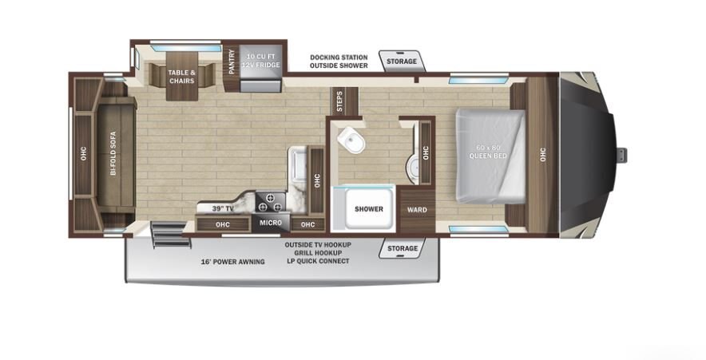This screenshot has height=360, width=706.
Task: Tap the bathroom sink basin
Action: click(411, 170)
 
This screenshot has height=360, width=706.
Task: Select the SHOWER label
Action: click(369, 209)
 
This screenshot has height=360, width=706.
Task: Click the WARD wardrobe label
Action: click(417, 210)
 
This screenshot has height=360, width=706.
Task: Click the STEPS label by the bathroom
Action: click(339, 101)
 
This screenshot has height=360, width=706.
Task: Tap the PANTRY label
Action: click(232, 61)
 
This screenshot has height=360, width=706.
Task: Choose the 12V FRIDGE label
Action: click(260, 65)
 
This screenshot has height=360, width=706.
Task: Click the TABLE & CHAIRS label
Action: click(182, 77)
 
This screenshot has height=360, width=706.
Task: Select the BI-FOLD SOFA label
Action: click(113, 153)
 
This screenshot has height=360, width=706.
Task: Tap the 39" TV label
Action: click(223, 209)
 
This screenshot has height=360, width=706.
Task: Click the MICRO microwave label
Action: click(271, 223)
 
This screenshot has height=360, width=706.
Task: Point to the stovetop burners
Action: click(271, 202)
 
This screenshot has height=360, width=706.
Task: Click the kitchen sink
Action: click(298, 163)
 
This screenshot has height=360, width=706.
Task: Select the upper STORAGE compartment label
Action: click(402, 61)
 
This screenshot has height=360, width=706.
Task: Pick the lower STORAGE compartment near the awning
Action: click(403, 248)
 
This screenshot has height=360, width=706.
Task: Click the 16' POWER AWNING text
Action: click(232, 262)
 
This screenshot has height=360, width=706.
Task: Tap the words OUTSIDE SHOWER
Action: click(339, 65)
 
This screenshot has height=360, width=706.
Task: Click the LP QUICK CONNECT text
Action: click(318, 261)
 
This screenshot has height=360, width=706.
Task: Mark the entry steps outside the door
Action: click(170, 235)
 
